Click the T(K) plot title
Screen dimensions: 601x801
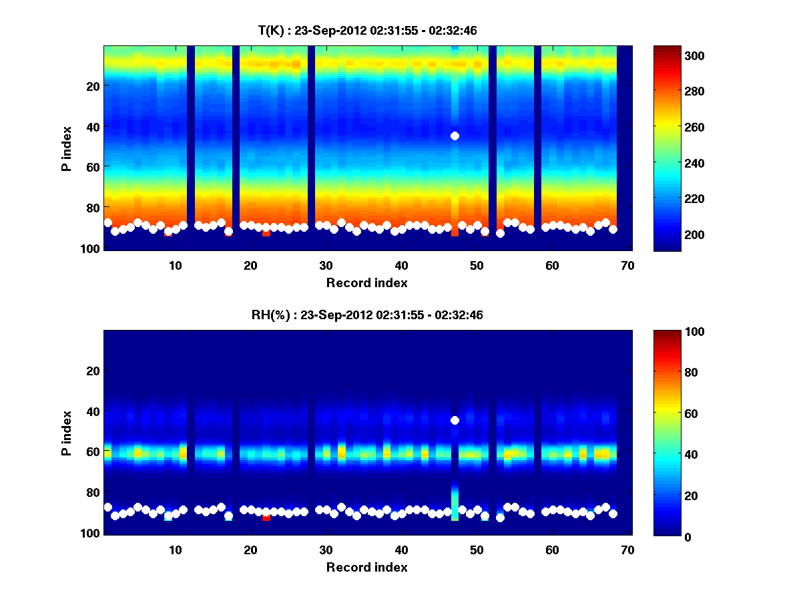click(367, 31)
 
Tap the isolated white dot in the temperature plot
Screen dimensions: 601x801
click(455, 136)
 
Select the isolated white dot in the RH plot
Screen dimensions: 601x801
click(455, 420)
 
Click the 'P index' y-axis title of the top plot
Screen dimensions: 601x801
click(67, 148)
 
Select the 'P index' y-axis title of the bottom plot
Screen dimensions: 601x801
click(67, 432)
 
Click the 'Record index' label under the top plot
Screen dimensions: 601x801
click(366, 282)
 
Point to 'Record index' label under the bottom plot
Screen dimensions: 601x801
click(366, 567)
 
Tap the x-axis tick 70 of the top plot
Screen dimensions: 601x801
click(627, 265)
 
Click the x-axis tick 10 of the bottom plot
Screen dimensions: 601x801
click(175, 550)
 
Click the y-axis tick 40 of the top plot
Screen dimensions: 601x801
click(93, 127)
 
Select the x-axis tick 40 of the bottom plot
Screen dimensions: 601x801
click(401, 550)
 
